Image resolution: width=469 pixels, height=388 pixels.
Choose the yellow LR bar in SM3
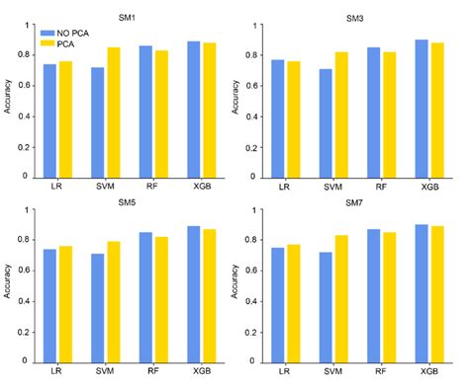pos(292,119)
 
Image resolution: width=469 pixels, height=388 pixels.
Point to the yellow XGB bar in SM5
pos(209,295)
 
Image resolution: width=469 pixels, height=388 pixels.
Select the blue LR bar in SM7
pos(278,304)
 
